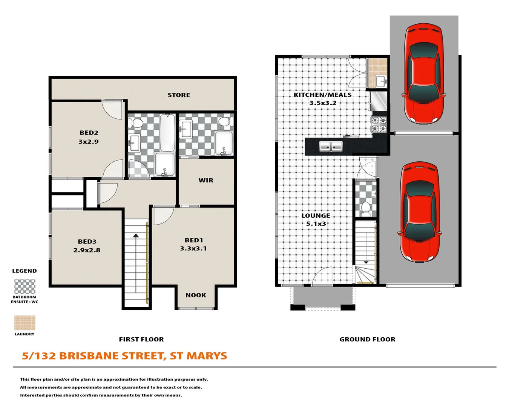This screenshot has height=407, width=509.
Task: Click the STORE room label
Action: pos(179,95)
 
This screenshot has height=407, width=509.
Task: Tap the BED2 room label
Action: pos(89,133)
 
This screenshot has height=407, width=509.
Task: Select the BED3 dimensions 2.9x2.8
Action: pos(87,250)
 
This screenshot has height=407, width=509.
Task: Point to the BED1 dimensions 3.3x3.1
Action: pos(193,248)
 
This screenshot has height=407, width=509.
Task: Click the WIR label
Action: pos(206,180)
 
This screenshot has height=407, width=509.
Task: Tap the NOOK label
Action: pos(196,295)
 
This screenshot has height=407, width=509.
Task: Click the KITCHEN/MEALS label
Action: pos(322,95)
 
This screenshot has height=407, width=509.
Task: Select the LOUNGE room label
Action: pos(316,216)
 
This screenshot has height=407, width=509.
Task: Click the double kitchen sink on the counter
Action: pos(331,146)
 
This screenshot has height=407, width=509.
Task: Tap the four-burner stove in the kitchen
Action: pos(379,125)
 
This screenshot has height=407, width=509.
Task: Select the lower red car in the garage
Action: pos(419,212)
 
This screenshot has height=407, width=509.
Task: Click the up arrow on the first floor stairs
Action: pos(136,236)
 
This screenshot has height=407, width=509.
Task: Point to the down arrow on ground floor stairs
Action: pos(366,262)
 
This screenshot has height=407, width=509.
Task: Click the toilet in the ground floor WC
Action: pos(365,208)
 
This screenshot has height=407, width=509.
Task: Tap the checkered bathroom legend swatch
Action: pos(25,286)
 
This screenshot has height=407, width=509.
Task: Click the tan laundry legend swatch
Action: pos(25,323)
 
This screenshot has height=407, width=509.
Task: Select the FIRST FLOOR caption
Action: pos(141,339)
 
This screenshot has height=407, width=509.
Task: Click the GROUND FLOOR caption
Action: pos(367,339)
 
